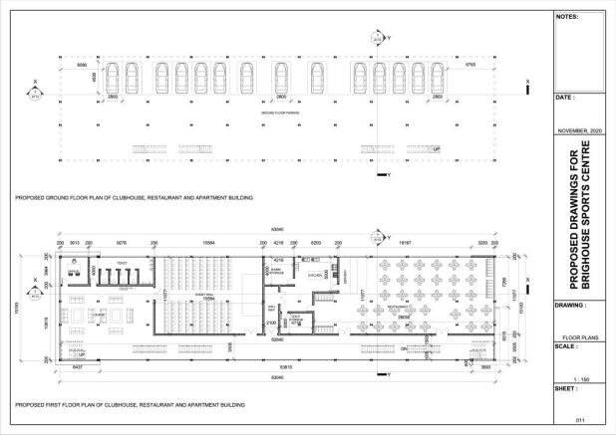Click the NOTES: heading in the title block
click(x=567, y=17)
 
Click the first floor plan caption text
click(x=130, y=405)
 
